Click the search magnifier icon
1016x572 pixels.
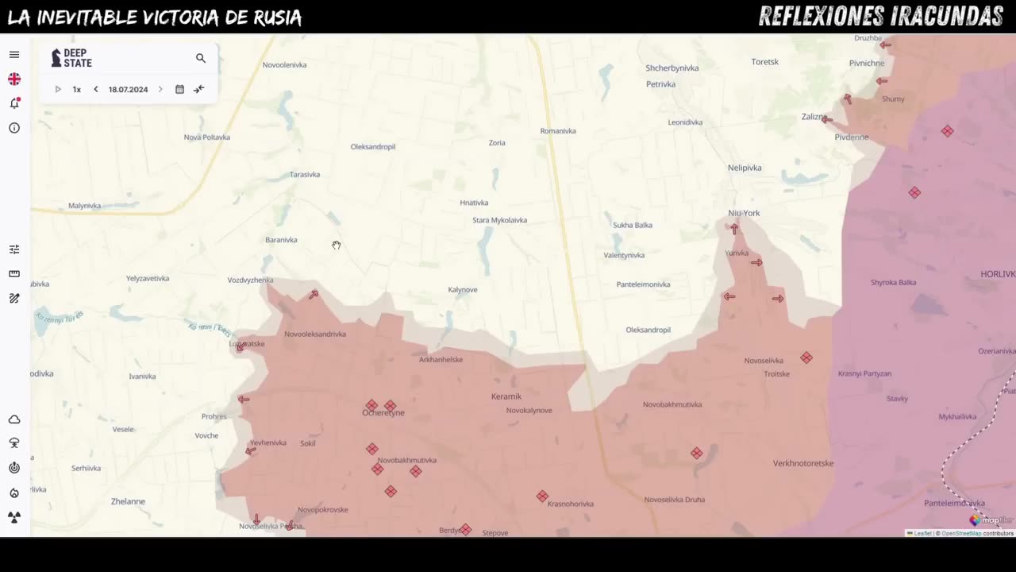pos(201,58)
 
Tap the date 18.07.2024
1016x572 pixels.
pos(128,90)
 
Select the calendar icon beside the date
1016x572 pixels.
pos(179,90)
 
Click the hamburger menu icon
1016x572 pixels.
pos(14,55)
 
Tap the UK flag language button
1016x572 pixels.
pos(14,79)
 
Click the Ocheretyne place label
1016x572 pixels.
pos(383,413)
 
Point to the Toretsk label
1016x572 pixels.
pos(765,62)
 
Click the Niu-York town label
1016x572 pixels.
pos(744,213)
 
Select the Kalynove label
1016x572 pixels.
pos(463,290)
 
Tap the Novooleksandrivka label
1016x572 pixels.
pos(315,334)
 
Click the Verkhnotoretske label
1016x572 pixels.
pos(803,463)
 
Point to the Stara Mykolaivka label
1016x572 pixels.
pos(499,220)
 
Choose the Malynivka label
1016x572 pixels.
pos(84,206)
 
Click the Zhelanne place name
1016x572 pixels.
pos(128,501)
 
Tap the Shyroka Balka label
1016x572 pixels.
pos(893,283)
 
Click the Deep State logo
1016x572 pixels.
pos(71,58)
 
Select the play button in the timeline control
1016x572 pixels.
pos(58,90)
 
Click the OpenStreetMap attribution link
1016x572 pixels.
pos(961,533)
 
